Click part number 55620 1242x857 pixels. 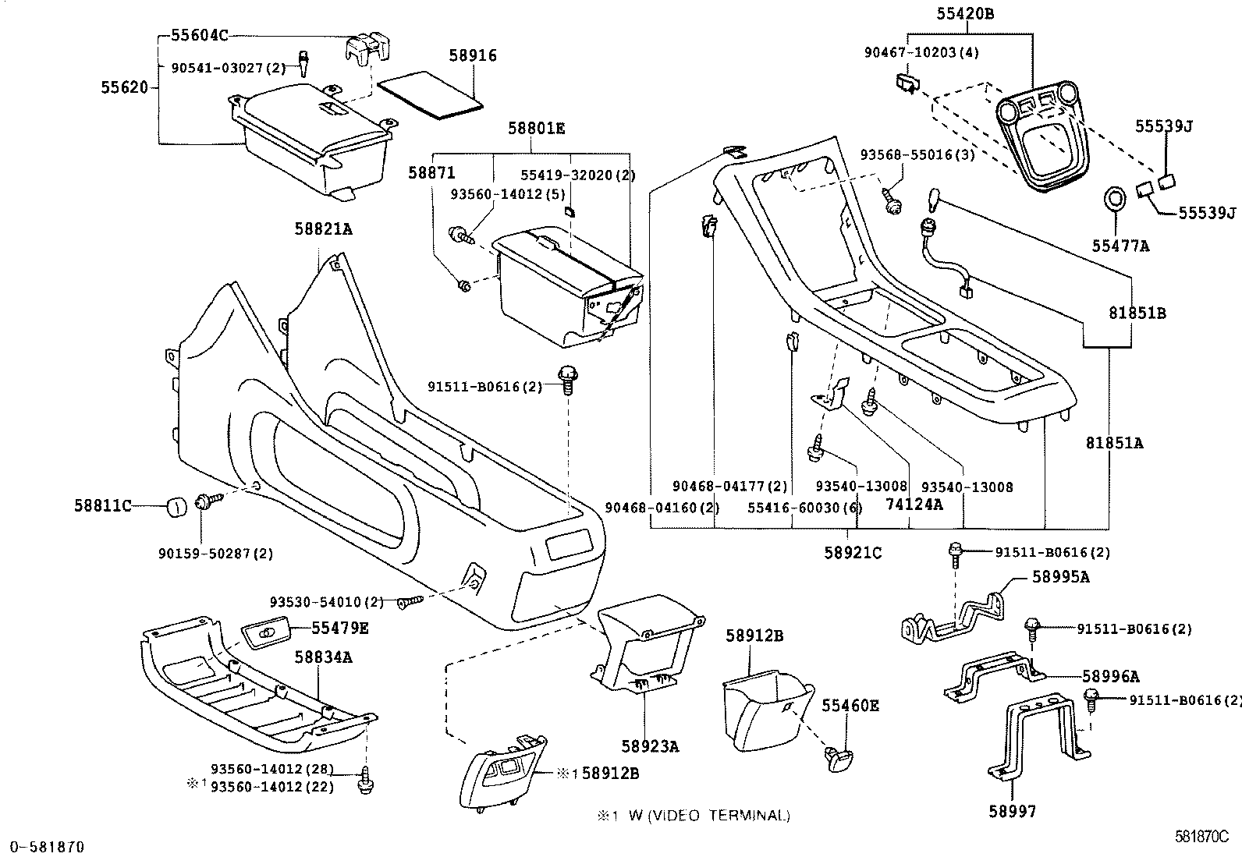124,87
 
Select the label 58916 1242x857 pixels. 473,56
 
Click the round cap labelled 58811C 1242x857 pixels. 176,508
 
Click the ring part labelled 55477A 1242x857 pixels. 1115,198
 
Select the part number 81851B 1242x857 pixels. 1137,313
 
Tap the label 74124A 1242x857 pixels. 914,505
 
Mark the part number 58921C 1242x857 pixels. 853,553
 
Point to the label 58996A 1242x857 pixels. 1111,676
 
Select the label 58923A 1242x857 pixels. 651,746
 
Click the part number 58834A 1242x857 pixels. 323,657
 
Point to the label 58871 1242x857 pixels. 431,173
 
